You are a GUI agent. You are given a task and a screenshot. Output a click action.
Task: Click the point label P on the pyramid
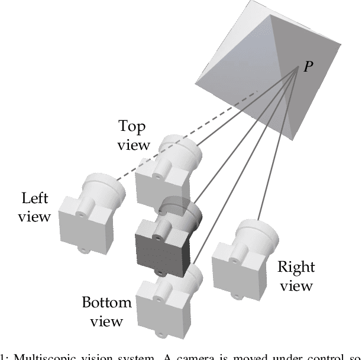pos(308,67)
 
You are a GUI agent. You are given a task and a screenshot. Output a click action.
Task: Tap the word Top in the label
pos(132,127)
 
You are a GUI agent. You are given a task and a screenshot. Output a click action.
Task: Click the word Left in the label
pos(35,198)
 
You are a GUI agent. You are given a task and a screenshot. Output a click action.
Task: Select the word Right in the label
pos(296,267)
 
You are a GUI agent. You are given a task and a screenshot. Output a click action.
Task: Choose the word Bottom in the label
pos(106,304)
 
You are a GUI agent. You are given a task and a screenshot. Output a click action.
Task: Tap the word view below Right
pos(296,286)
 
